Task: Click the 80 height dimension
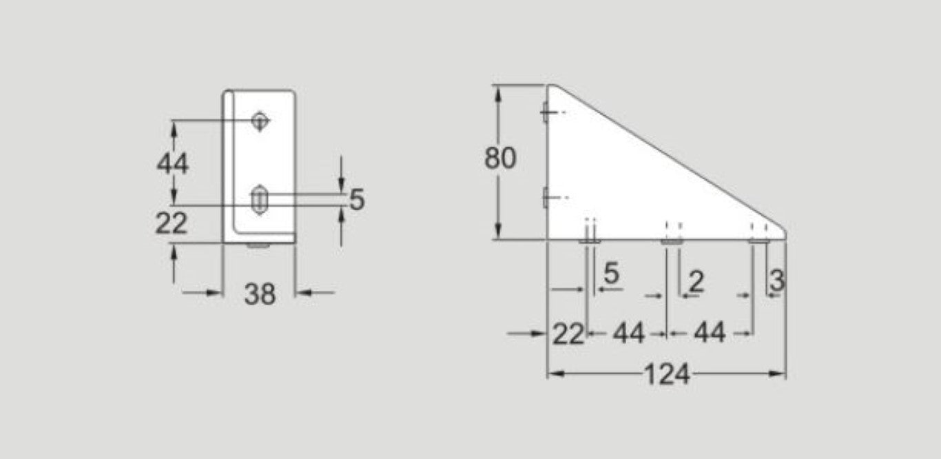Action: tap(499, 159)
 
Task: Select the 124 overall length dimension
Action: tap(667, 375)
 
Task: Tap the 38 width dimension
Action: tap(260, 294)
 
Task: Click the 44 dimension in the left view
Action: tap(172, 164)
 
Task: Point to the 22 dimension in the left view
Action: tap(171, 223)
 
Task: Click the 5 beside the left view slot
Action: tap(356, 201)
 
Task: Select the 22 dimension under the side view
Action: tap(568, 334)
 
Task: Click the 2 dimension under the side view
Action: tap(696, 281)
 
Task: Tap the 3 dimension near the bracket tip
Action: tap(776, 280)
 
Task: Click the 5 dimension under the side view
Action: tap(612, 274)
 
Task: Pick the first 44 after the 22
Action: tap(628, 334)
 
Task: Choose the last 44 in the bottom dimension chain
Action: tap(710, 334)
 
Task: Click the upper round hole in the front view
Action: tap(260, 121)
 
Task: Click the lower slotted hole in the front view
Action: tap(260, 200)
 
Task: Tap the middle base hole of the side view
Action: tap(672, 241)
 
